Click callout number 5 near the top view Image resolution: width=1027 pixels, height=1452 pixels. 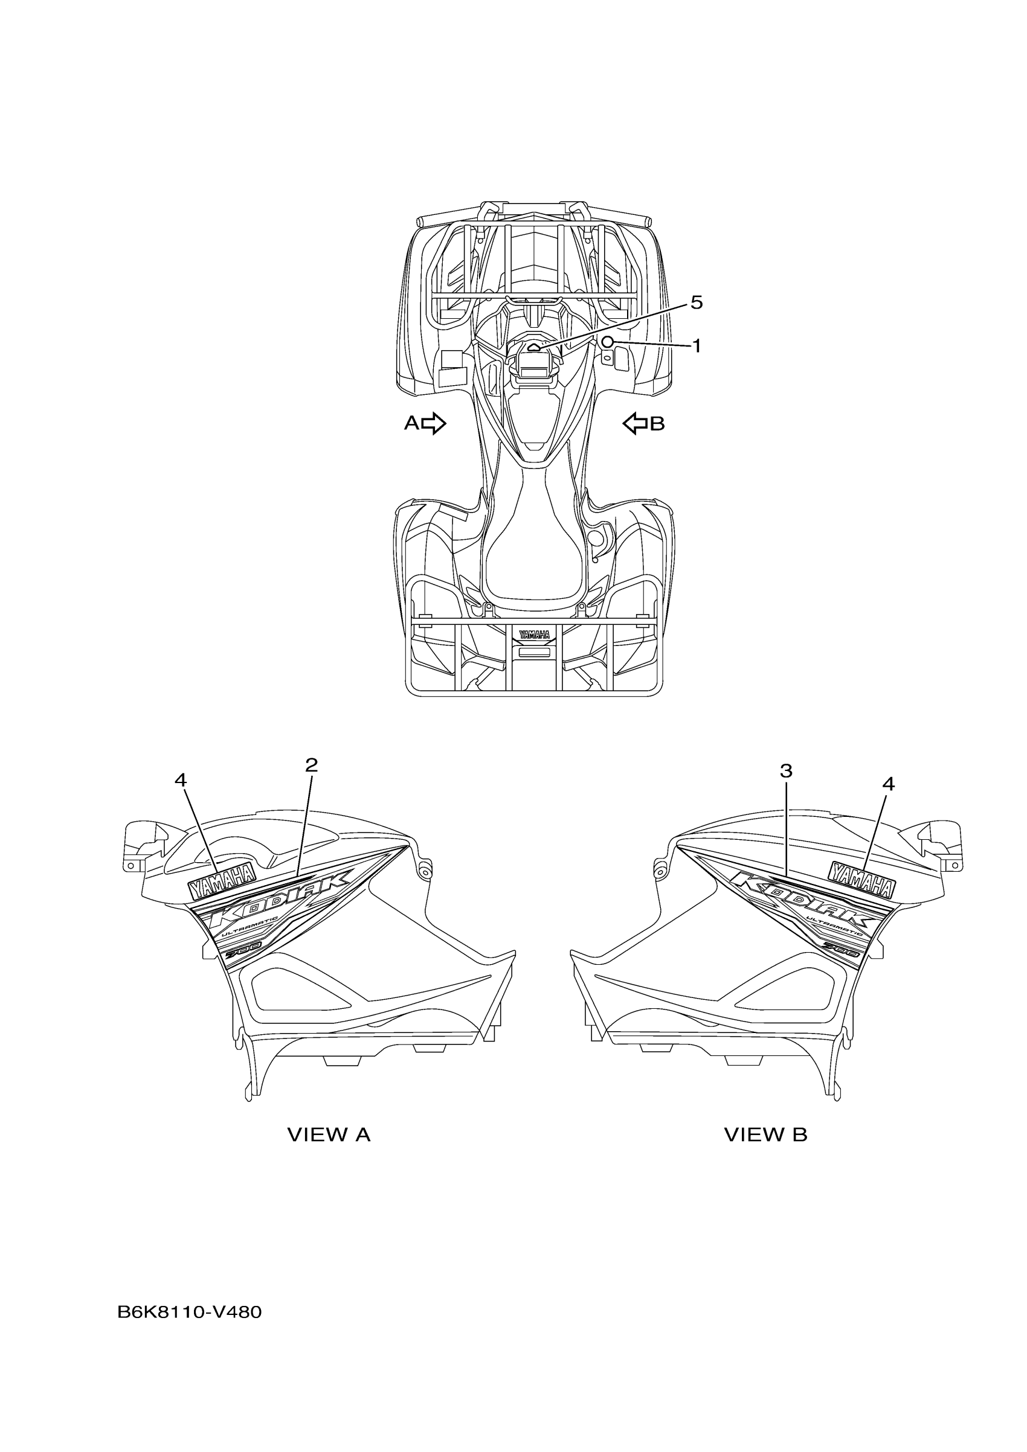click(696, 303)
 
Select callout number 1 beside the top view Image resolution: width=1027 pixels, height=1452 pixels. click(696, 346)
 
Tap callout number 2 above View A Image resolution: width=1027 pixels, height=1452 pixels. click(311, 766)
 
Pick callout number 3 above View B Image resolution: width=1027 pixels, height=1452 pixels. click(786, 772)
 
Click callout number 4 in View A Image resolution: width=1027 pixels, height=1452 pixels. click(181, 781)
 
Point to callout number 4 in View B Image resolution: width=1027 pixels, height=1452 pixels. click(889, 784)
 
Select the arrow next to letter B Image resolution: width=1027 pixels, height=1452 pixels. click(636, 423)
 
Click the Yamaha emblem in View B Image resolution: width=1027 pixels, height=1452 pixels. click(862, 880)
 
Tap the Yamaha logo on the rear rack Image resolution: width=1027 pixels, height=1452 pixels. click(535, 635)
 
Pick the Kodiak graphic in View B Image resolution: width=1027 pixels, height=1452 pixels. click(803, 901)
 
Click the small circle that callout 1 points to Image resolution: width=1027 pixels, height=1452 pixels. click(608, 342)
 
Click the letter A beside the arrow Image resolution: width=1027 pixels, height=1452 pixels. click(411, 423)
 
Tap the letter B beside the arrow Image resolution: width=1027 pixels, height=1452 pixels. click(657, 424)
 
